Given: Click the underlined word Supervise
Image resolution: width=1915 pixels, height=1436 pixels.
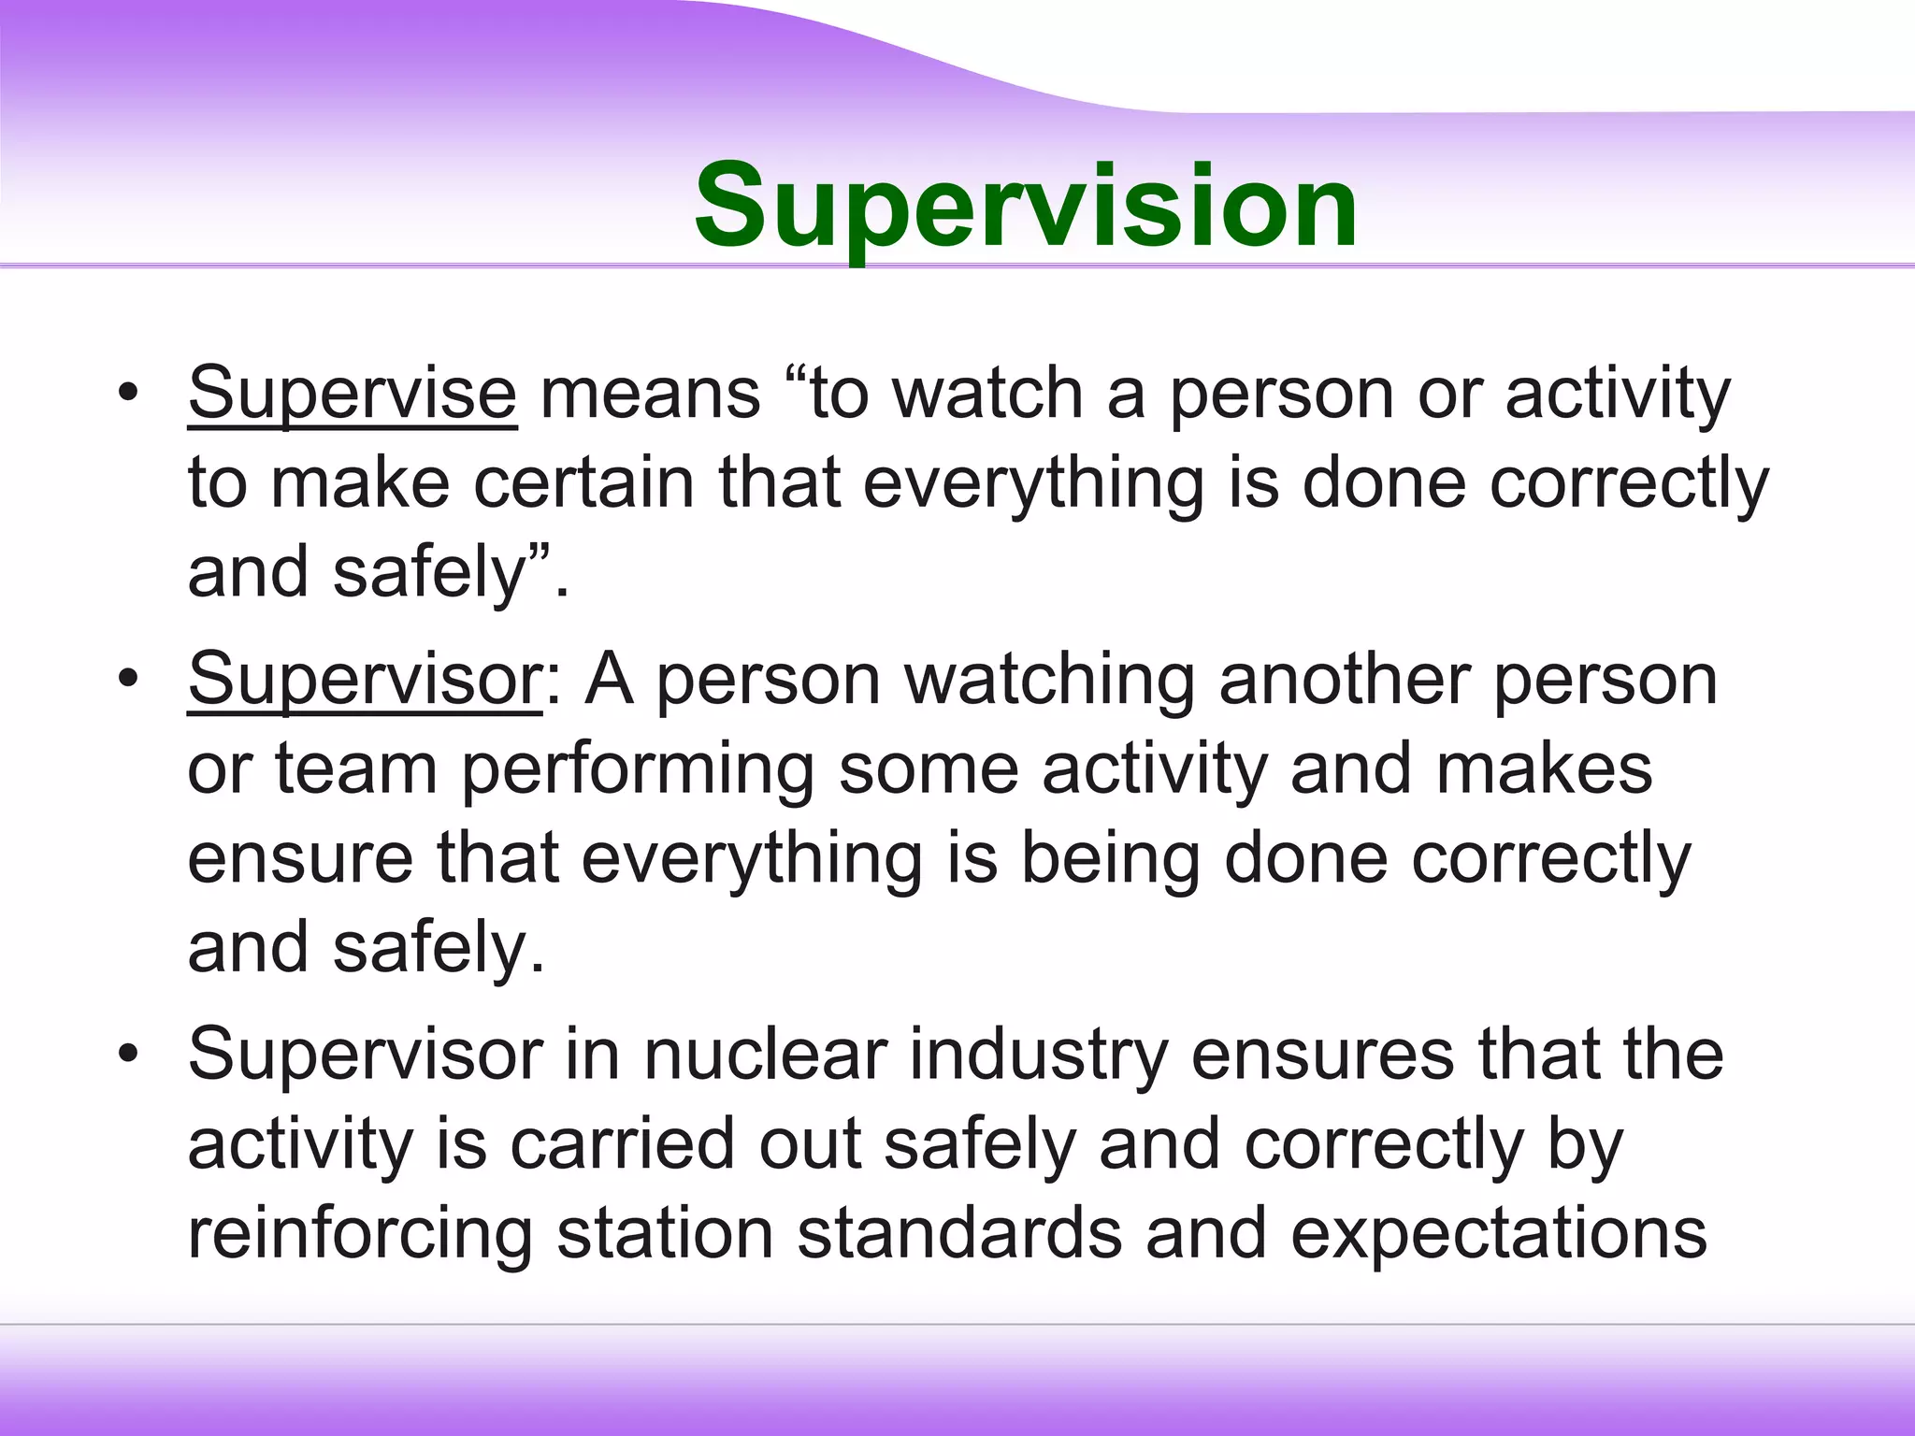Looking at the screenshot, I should [x=352, y=395].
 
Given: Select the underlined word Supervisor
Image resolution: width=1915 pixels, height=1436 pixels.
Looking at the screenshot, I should [x=364, y=680].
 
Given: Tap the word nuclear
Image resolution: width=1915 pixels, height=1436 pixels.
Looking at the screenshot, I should [x=765, y=1055].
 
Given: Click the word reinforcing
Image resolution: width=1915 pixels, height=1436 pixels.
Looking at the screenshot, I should [x=360, y=1235].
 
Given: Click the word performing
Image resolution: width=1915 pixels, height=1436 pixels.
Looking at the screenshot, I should [x=638, y=770].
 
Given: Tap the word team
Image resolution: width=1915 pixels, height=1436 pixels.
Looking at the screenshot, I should [x=355, y=770].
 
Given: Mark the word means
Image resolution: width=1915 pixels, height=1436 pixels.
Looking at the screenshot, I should [x=651, y=395].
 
